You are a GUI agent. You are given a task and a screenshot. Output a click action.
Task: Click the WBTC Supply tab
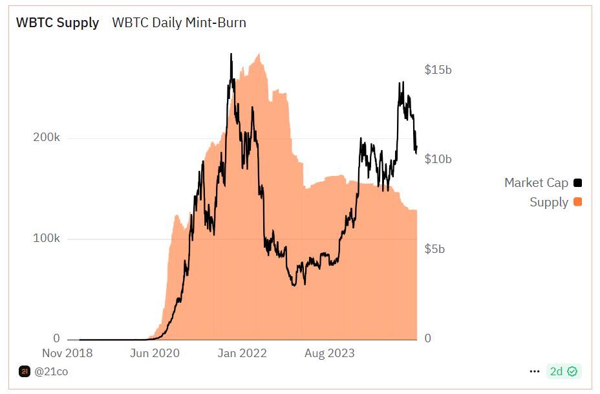tap(58, 23)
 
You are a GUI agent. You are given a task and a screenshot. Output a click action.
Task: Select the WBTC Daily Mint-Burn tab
tap(179, 23)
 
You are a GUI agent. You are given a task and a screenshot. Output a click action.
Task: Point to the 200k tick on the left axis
tap(47, 138)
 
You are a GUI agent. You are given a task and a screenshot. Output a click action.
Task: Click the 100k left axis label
tap(47, 239)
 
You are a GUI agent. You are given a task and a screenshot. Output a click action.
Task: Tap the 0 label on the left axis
tap(56, 338)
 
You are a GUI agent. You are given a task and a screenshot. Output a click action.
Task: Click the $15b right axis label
tap(438, 70)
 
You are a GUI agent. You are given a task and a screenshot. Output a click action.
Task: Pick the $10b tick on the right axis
tap(438, 159)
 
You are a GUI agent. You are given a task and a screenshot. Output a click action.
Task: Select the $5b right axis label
tap(434, 249)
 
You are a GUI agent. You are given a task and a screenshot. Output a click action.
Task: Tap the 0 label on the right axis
tap(427, 338)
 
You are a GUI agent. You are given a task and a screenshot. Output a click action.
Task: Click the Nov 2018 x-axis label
tap(67, 353)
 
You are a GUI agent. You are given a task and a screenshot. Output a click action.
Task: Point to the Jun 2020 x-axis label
tap(155, 353)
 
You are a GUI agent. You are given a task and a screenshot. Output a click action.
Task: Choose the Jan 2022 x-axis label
tap(242, 353)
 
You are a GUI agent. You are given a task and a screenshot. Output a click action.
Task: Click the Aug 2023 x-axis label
tap(330, 353)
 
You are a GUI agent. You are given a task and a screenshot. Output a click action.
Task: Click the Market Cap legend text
tap(536, 183)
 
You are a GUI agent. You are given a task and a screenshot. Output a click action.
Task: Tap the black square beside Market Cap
tap(577, 183)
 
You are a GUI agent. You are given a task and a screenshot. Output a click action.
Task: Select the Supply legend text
tap(549, 202)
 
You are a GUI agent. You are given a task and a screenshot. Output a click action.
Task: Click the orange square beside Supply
tap(577, 202)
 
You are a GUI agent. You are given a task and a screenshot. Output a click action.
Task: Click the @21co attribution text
tap(51, 371)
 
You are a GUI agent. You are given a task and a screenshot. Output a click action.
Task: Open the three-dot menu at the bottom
tap(534, 371)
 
